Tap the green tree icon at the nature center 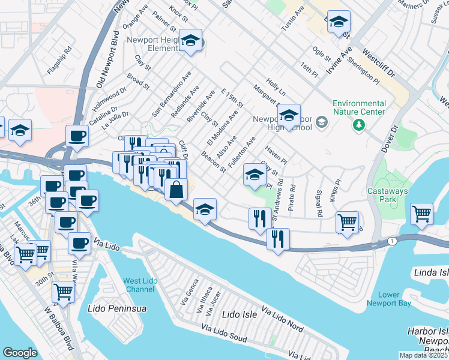[x=359, y=125]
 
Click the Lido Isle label [x=240, y=314]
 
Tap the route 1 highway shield [x=392, y=241]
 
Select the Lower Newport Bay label [x=389, y=299]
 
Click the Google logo [x=20, y=352]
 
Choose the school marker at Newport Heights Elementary [x=191, y=41]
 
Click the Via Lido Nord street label [x=280, y=319]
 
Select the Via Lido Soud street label [x=223, y=334]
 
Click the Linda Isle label [x=431, y=273]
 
